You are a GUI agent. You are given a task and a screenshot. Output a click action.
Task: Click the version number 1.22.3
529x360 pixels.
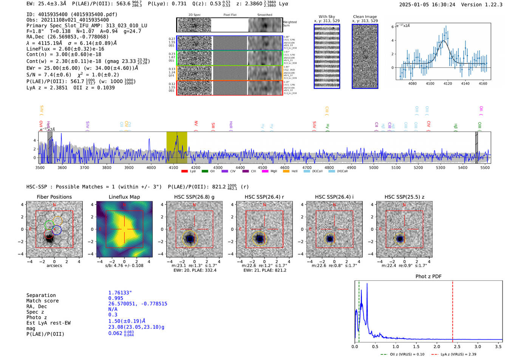tap(493, 5)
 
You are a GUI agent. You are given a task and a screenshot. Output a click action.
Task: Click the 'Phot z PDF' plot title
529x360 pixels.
tap(428, 277)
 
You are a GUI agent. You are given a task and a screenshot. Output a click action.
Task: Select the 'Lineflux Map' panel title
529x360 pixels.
tap(124, 197)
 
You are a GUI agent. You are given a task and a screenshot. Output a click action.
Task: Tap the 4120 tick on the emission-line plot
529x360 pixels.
tap(448, 83)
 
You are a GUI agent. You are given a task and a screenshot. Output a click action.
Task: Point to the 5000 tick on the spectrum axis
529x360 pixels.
tap(374, 167)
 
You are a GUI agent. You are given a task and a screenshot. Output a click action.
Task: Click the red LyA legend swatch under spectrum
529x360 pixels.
tap(184, 171)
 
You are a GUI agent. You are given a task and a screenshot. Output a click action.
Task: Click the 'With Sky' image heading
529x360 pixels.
tap(327, 17)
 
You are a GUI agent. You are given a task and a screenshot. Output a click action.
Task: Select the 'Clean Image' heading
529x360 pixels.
tap(365, 17)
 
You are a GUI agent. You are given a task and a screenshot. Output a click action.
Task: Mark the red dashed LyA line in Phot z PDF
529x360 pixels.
tap(453, 310)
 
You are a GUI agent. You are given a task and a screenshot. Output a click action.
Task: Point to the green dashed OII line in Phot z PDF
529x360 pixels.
tap(359, 310)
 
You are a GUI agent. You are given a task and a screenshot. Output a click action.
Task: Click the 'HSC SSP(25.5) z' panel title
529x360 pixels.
tap(404, 197)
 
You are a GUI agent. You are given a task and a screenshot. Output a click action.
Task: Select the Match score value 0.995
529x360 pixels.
tap(116, 298)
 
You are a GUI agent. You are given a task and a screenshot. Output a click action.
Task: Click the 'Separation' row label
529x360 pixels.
tap(41, 295)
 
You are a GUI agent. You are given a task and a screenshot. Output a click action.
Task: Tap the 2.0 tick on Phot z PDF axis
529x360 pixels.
tap(437, 346)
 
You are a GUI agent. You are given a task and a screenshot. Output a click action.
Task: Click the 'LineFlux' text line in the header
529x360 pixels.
tap(65, 49)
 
